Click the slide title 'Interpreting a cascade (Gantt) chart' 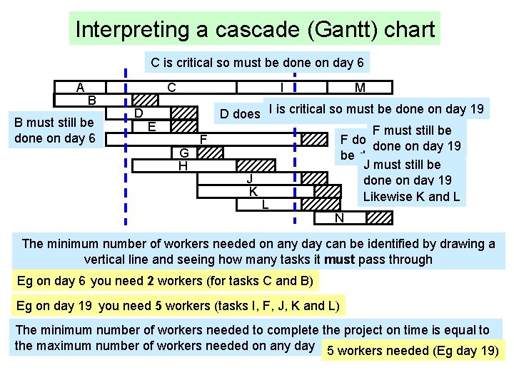pos(255,29)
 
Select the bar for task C pos(171,87)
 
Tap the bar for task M pos(360,87)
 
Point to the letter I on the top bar pos(283,87)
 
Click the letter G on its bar pos(183,153)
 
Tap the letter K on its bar pos(253,192)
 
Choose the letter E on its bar pos(151,126)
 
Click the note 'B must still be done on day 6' pos(55,130)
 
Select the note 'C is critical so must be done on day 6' pos(257,63)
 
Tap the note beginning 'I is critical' pos(376,108)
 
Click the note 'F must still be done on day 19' pos(417,138)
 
